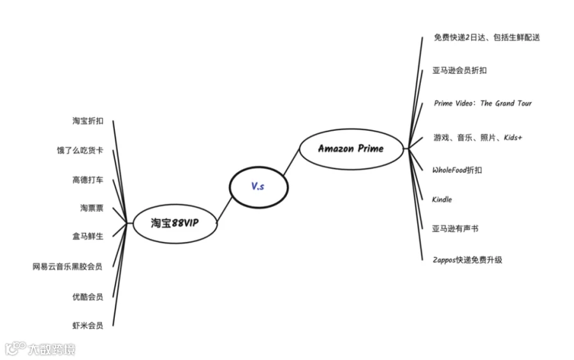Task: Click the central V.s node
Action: point(258,186)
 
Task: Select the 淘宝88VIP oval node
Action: point(175,223)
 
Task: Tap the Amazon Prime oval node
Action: point(351,148)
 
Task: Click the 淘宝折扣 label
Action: point(88,121)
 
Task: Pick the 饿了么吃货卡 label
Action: point(80,151)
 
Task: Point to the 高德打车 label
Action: point(88,179)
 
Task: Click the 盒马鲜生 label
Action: point(88,236)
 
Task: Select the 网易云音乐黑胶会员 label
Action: point(68,266)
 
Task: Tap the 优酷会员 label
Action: point(88,296)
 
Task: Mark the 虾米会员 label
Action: point(88,326)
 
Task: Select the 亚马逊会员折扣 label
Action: point(459,70)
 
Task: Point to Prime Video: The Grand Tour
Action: point(482,103)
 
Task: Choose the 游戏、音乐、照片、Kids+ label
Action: point(478,137)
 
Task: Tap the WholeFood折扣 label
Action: point(457,170)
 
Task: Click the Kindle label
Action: point(442,199)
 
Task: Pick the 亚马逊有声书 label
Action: point(455,229)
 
